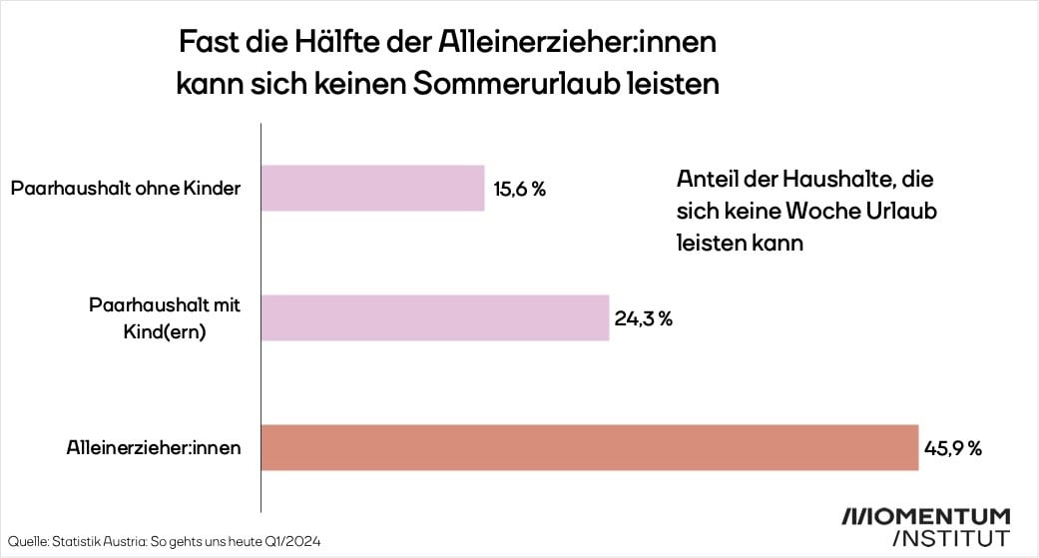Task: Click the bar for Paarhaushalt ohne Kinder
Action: coord(373,188)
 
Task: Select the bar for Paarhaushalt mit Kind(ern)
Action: coord(435,317)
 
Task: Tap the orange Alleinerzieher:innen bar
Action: coord(589,447)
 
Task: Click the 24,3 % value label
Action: coord(644,318)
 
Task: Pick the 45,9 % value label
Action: coord(953,448)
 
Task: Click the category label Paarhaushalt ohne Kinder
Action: coord(125,188)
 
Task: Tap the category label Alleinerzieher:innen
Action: coord(147,448)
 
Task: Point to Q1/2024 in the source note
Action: coord(295,541)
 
